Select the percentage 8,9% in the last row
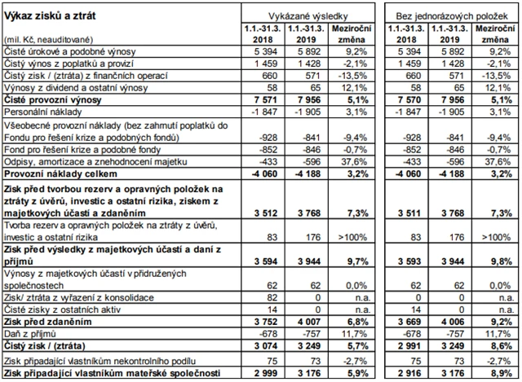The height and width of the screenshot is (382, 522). pos(493,373)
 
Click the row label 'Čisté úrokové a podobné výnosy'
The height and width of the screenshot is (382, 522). pos(64,51)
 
